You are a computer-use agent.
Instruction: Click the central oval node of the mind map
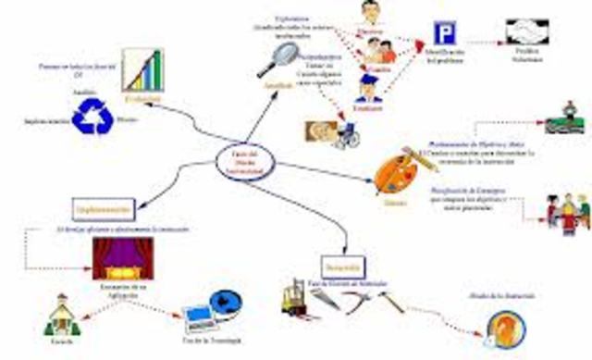point(243,161)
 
